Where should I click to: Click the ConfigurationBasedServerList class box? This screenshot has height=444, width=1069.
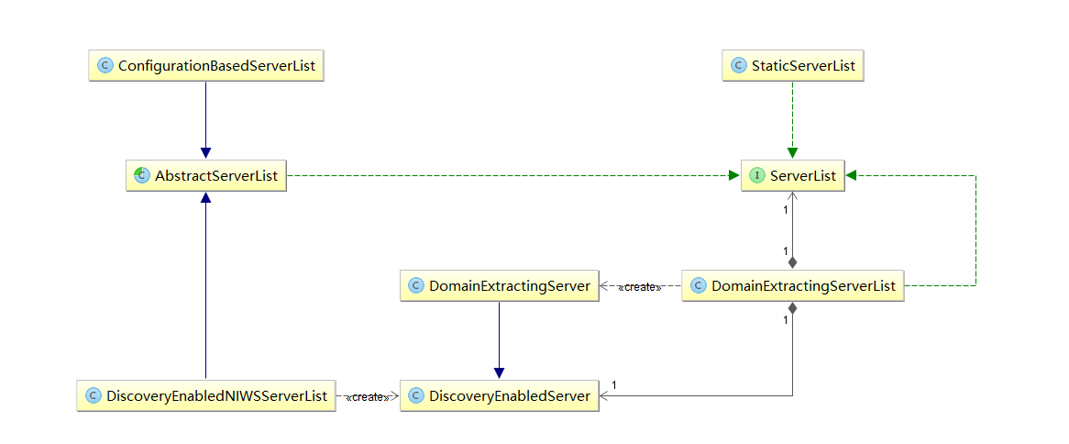206,65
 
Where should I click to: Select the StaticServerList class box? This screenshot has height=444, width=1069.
793,65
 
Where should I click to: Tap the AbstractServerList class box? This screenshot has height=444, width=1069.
206,175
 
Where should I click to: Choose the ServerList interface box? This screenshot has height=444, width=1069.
793,175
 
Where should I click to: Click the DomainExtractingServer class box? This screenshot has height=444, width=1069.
499,286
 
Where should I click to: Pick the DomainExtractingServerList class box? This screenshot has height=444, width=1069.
793,286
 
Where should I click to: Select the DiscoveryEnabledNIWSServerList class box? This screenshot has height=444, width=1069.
206,395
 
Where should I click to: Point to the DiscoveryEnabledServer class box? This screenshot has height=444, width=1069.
499,395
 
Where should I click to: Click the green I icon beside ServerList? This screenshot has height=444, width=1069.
756,175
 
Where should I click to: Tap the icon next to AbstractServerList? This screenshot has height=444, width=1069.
142,175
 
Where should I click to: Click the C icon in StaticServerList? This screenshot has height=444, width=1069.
738,65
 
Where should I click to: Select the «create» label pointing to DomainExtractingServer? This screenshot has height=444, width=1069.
640,287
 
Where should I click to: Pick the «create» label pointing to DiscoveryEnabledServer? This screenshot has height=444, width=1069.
368,397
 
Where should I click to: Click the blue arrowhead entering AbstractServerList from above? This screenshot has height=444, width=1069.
206,153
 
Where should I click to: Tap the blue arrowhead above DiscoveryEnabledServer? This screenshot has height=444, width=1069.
499,373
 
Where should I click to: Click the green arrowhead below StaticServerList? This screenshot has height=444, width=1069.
792,153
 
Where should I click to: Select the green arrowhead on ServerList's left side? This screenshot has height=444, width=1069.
734,175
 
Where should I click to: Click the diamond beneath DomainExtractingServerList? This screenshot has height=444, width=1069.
792,310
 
